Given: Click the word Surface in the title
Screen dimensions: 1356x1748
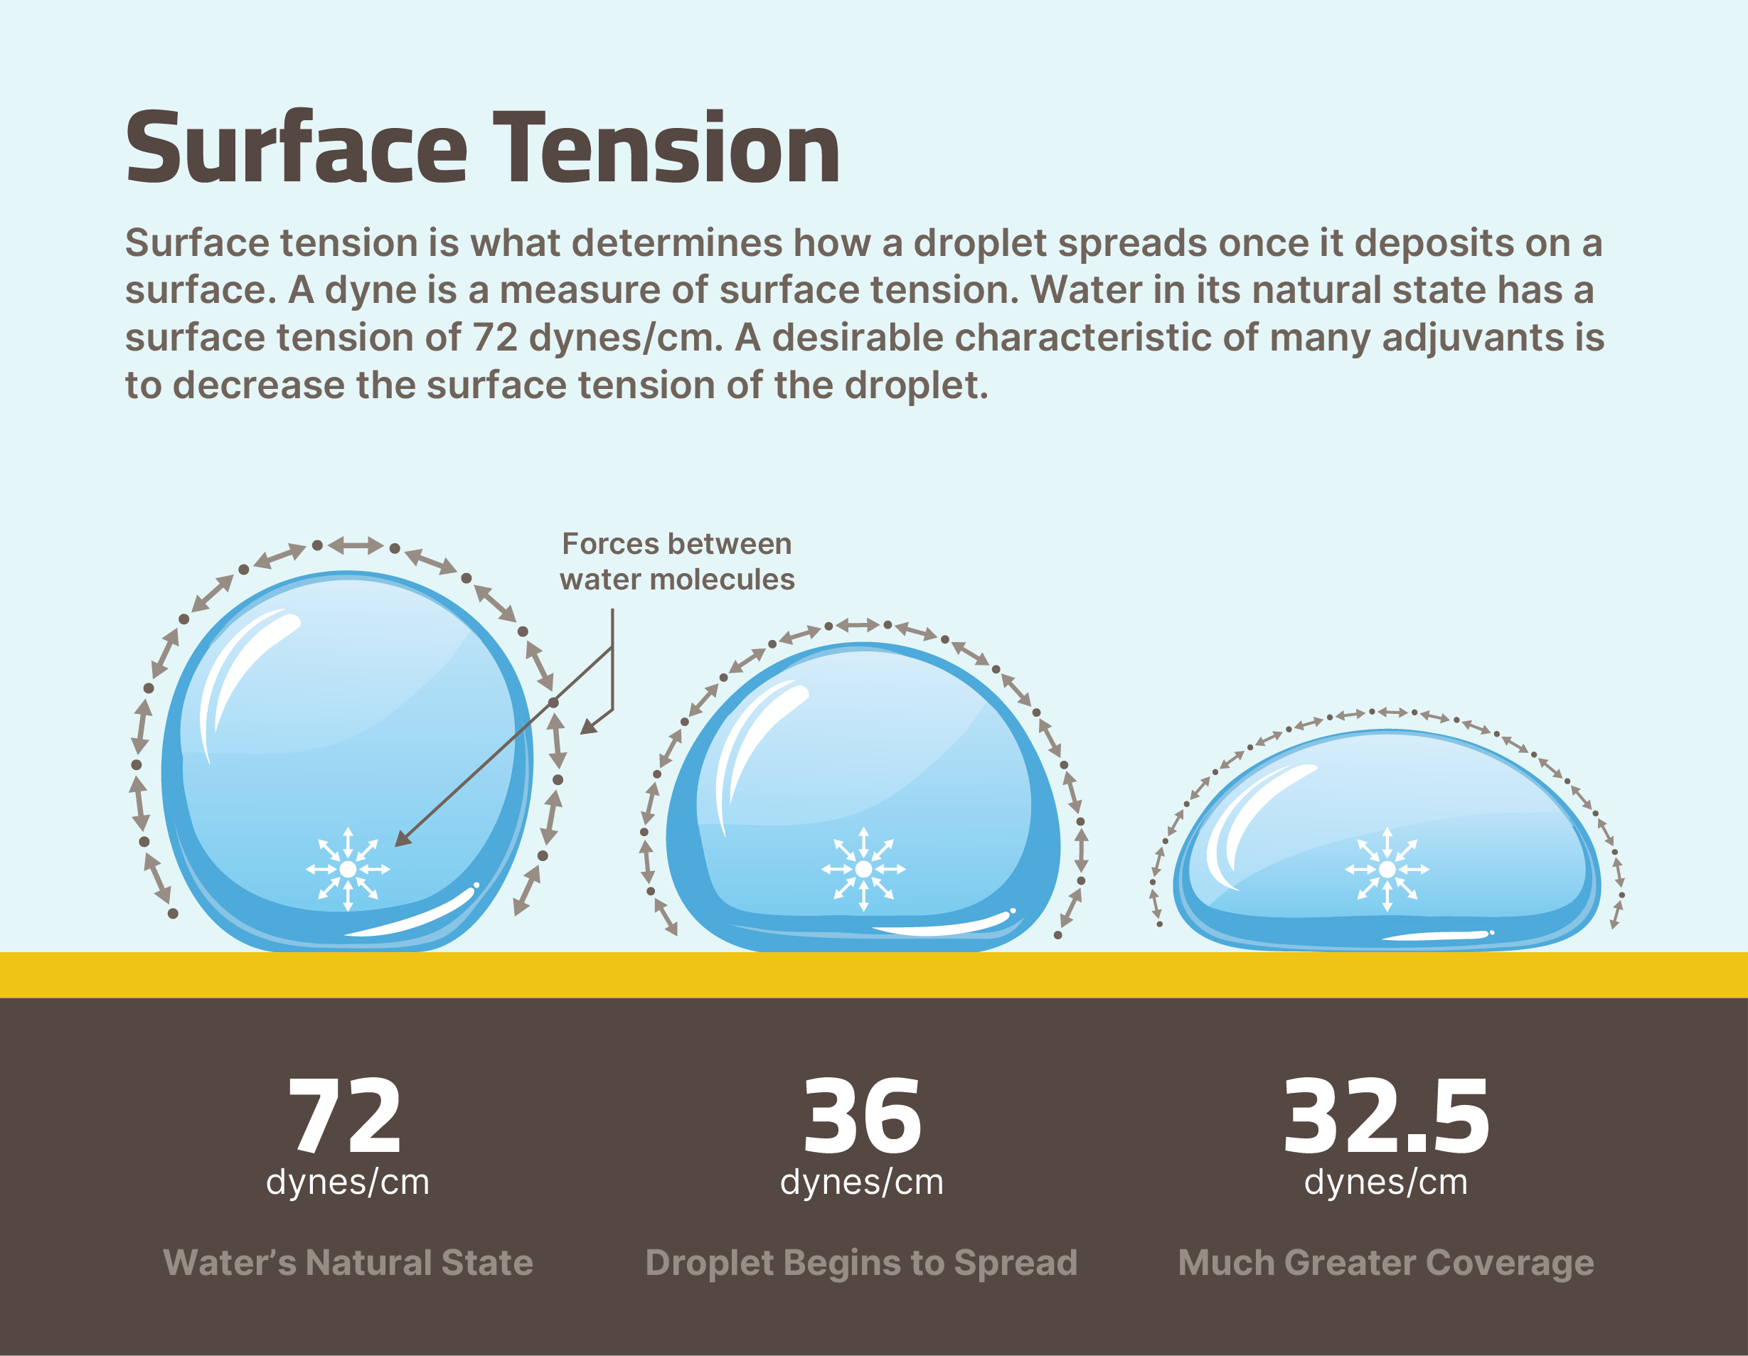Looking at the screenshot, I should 296,148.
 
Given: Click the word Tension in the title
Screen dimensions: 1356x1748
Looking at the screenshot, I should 666,148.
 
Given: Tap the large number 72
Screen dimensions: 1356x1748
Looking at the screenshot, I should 345,1116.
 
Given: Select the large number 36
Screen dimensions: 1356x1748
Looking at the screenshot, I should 863,1116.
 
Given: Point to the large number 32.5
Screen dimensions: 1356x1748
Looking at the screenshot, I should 1386,1116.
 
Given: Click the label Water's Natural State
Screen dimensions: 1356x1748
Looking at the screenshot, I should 348,1262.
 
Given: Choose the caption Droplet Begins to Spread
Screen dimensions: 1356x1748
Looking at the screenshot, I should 861,1262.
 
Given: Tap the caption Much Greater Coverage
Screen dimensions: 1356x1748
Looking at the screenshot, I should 1386,1262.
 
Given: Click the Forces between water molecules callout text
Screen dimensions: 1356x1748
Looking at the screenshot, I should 677,561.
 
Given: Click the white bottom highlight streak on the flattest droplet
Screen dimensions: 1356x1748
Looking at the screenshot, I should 1437,935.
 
